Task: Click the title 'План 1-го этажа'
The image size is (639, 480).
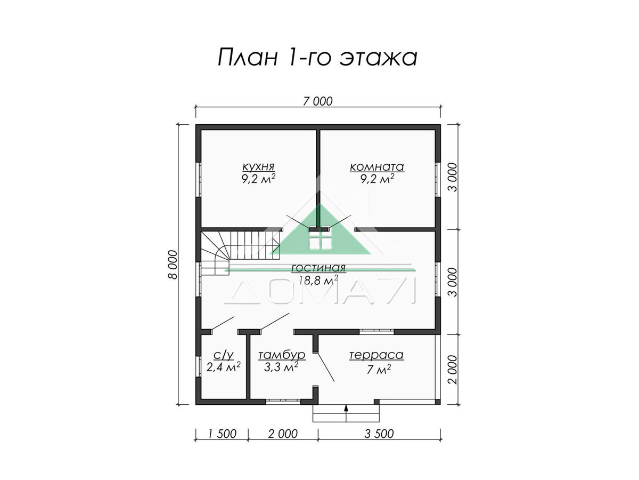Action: click(x=317, y=58)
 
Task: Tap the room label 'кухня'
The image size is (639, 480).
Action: click(x=258, y=167)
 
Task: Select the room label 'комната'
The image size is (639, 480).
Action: click(x=376, y=167)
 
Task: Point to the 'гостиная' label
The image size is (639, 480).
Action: click(x=318, y=268)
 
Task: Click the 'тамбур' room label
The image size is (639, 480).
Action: click(x=282, y=355)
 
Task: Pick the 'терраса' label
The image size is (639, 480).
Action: click(x=376, y=355)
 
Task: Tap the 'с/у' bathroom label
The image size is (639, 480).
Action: click(x=224, y=355)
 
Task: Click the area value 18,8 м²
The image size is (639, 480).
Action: click(x=318, y=280)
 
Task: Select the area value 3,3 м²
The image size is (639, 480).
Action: click(x=281, y=367)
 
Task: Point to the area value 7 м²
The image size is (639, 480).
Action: click(x=379, y=369)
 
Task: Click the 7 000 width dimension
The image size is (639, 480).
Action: click(x=317, y=101)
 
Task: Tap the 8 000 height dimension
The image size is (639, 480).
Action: click(x=173, y=265)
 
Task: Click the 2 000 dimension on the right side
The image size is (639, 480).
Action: click(x=453, y=370)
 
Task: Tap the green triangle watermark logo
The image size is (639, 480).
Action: click(x=320, y=229)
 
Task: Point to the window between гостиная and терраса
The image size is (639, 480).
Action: click(x=376, y=331)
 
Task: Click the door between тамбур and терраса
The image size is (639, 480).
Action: click(x=325, y=367)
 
